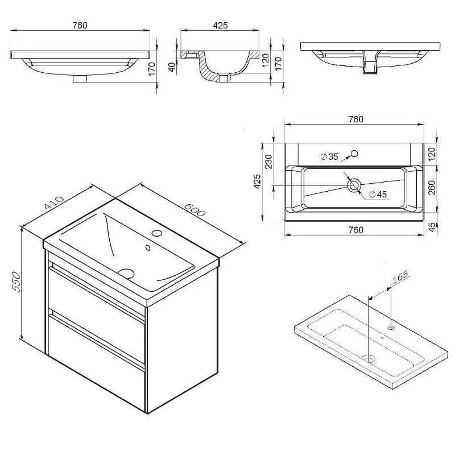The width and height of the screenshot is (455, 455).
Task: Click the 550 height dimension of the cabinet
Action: (16, 282)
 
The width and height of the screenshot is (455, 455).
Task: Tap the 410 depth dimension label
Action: (54, 202)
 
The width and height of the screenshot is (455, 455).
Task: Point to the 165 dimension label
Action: (400, 276)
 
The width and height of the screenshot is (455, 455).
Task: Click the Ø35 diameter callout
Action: (329, 157)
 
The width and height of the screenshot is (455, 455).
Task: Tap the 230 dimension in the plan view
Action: (268, 162)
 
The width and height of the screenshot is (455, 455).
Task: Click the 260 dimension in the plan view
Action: (432, 188)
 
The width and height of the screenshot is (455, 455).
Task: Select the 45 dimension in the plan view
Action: (432, 227)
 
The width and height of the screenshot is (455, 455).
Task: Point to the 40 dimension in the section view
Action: (172, 67)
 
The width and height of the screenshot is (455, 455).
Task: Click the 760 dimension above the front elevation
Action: (80, 26)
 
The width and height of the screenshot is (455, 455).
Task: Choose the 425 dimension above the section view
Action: (220, 25)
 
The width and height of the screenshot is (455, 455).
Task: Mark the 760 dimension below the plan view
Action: (356, 230)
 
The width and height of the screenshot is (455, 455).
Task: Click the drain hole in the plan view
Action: (354, 185)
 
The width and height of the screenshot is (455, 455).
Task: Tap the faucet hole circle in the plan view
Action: (354, 154)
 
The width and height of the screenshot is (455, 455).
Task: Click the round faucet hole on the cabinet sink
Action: (157, 233)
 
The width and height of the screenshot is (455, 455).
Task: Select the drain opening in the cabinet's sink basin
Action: (126, 273)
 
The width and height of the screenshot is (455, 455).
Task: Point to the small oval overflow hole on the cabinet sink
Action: (148, 247)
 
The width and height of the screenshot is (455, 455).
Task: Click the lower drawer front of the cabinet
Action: (96, 363)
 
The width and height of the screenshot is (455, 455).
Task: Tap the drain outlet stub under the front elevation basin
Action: (80, 79)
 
